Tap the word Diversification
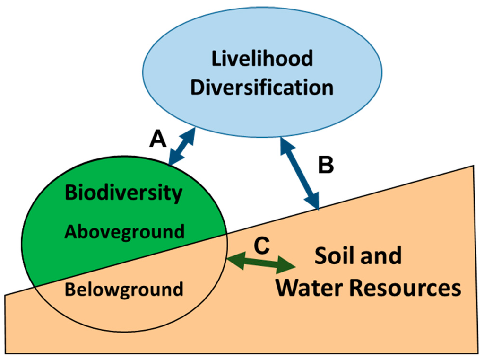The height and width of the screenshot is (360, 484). tap(262, 88)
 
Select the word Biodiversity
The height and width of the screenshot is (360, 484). tap(123, 193)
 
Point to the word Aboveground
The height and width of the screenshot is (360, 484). tap(124, 232)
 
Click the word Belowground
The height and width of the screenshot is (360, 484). tap(124, 289)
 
